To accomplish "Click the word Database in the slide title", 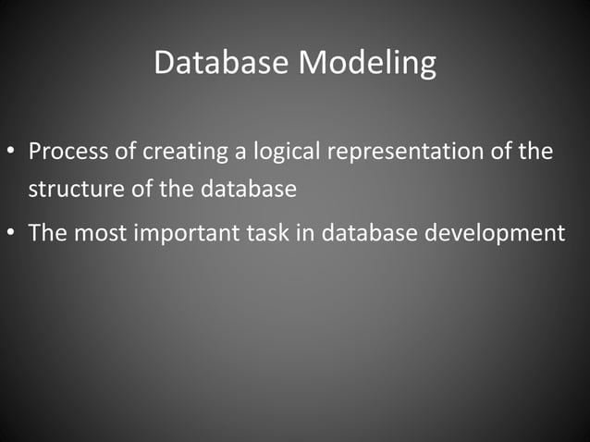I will pyautogui.click(x=221, y=63).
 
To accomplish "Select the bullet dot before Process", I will pyautogui.click(x=14, y=151).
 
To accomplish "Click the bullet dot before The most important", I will pyautogui.click(x=14, y=232).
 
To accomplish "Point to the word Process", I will pyautogui.click(x=66, y=151).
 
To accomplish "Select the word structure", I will pyautogui.click(x=69, y=190).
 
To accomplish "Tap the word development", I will pyautogui.click(x=494, y=232).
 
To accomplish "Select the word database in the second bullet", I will pyautogui.click(x=373, y=231).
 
